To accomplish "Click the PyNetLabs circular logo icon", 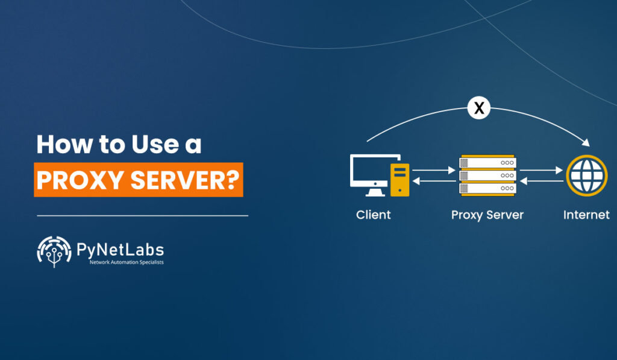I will (x=54, y=251).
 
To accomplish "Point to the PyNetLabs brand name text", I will (x=120, y=248).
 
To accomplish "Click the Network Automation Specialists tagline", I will (x=126, y=262).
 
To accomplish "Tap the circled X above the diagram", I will (x=479, y=109).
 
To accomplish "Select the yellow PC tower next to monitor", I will (x=399, y=180).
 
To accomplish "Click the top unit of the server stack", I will (x=488, y=162).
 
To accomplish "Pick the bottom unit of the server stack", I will (x=488, y=188).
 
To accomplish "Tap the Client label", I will (x=374, y=215).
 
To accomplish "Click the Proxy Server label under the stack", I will (x=487, y=215).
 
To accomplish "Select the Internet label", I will (x=586, y=215).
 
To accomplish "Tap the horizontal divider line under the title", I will (x=142, y=215).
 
